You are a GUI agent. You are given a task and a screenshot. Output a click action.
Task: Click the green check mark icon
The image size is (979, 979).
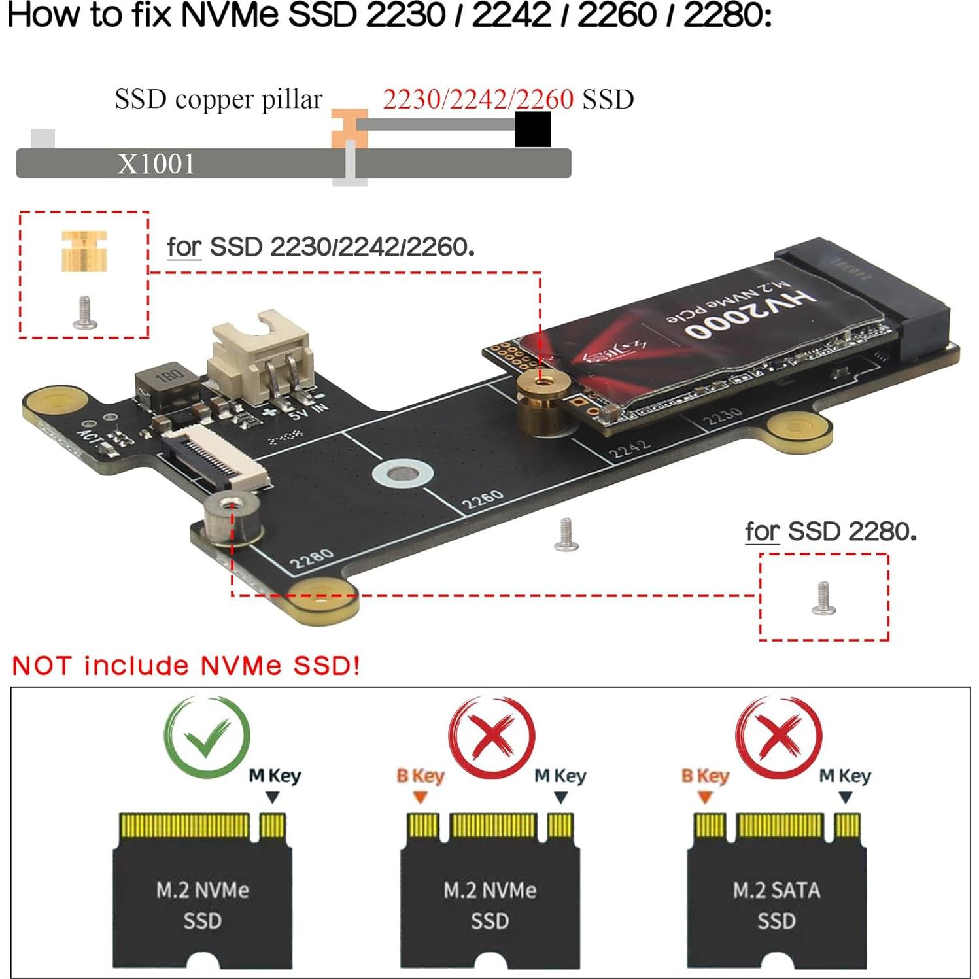click(207, 737)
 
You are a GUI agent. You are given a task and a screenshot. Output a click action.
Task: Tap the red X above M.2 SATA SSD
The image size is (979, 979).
click(778, 737)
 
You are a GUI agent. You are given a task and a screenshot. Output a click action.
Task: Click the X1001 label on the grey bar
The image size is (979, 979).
click(156, 163)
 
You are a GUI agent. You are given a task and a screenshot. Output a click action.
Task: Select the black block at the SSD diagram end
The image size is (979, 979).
click(532, 129)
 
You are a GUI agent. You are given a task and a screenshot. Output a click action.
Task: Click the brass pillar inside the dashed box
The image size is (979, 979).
click(84, 250)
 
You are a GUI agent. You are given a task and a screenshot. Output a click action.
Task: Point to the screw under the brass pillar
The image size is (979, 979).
click(84, 313)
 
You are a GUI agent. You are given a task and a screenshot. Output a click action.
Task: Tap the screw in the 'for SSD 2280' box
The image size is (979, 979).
click(823, 598)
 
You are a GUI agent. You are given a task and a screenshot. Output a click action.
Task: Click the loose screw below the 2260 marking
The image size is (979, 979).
click(566, 534)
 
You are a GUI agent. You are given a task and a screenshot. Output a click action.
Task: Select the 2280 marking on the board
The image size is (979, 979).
click(311, 559)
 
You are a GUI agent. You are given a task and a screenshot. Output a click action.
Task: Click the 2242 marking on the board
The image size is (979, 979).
click(629, 449)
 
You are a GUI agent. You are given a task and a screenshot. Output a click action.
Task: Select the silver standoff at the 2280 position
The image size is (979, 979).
click(232, 519)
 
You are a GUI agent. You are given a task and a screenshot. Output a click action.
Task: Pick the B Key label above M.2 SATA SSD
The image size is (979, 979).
click(704, 776)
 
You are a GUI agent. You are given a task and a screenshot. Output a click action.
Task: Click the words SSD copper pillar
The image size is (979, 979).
click(218, 99)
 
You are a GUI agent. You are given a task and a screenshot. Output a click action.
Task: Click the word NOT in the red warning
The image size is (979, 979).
click(41, 666)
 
